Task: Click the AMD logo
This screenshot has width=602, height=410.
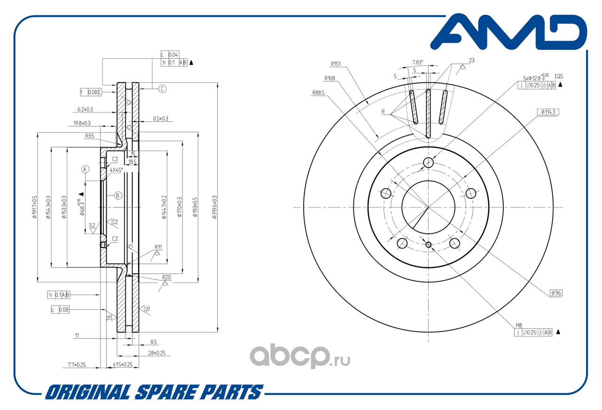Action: click(508, 33)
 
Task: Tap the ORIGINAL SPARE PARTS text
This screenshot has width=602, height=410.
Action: click(153, 392)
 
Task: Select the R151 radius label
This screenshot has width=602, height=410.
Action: click(336, 64)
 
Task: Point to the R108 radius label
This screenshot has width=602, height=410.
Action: click(329, 79)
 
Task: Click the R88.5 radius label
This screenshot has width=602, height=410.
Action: click(319, 93)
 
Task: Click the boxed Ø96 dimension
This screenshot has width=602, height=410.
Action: click(556, 293)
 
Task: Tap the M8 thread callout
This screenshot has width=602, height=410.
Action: click(519, 325)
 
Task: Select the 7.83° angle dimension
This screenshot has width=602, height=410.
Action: click(418, 62)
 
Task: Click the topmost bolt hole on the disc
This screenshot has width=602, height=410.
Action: click(428, 163)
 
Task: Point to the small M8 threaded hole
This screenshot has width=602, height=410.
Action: click(428, 244)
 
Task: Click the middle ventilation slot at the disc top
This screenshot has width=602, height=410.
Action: click(428, 112)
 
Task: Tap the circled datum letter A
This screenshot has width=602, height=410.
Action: click(85, 169)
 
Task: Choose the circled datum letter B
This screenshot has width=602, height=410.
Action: click(118, 195)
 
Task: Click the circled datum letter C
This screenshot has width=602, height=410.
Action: click(162, 88)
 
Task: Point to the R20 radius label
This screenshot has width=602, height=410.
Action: click(166, 277)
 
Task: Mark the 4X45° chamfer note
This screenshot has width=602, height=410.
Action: click(116, 170)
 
